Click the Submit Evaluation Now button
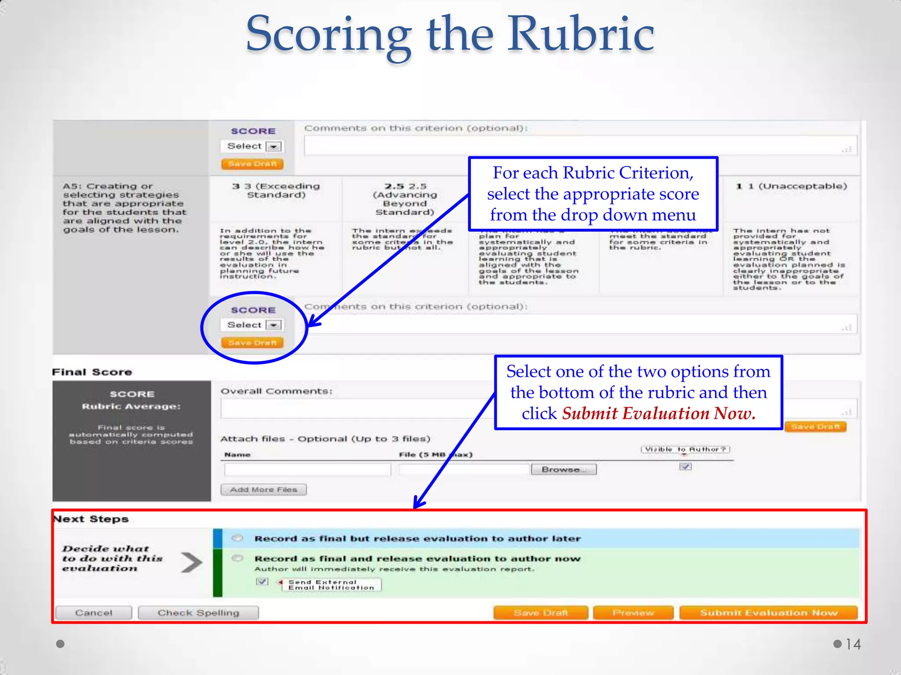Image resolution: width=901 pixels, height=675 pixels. [768, 613]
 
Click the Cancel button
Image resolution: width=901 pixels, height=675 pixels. [94, 613]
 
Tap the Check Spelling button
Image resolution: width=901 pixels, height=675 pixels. [198, 613]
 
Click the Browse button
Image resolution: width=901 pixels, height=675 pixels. [564, 469]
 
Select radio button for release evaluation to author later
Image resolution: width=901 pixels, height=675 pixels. [238, 538]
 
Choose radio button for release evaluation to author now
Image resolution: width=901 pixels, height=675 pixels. [238, 558]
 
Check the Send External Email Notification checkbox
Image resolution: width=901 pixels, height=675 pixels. [262, 581]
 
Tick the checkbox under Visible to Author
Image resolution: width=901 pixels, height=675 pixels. [685, 466]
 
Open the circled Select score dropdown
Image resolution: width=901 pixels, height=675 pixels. [252, 325]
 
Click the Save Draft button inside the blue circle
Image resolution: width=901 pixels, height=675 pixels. [252, 342]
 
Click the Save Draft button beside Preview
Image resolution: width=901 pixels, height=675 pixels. [541, 613]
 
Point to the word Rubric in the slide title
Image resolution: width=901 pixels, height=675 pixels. [581, 34]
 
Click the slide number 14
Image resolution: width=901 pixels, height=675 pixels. [853, 644]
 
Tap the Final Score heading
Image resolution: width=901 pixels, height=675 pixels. [92, 372]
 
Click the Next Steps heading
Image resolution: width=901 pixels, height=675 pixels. [91, 519]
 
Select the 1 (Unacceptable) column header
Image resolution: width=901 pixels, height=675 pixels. [791, 186]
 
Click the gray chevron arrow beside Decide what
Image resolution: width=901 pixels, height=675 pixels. [191, 562]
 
